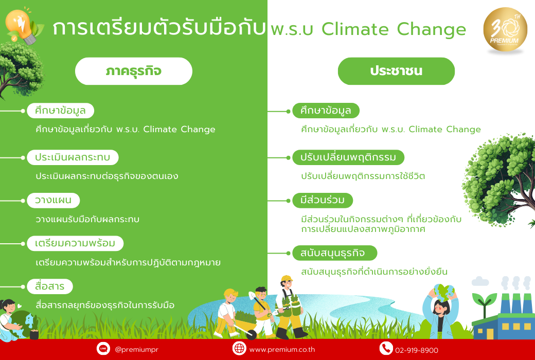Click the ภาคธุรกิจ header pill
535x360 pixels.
pyautogui.click(x=133, y=71)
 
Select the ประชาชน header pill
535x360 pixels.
pyautogui.click(x=396, y=71)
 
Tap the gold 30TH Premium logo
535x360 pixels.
pyautogui.click(x=505, y=30)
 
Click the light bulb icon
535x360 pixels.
pyautogui.click(x=21, y=26)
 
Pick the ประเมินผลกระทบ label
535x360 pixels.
pyautogui.click(x=73, y=157)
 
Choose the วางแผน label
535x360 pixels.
pyautogui.click(x=53, y=200)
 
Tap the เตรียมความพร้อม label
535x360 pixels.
pyautogui.click(x=75, y=243)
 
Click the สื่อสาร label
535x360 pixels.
pyautogui.click(x=50, y=286)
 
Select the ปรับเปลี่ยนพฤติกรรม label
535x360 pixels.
pyautogui.click(x=348, y=157)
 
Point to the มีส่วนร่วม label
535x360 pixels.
pyautogui.click(x=323, y=200)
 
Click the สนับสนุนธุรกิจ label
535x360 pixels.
pyautogui.click(x=335, y=253)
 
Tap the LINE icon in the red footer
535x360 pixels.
pyautogui.click(x=103, y=348)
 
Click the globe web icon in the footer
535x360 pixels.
pyautogui.click(x=239, y=348)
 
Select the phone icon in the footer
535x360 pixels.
pyautogui.click(x=386, y=348)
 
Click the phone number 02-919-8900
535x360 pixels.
pyautogui.click(x=417, y=350)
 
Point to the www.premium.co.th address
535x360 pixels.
pyautogui.click(x=282, y=350)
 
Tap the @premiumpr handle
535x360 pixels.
pyautogui.click(x=136, y=350)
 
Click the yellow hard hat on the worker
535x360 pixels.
pyautogui.click(x=286, y=279)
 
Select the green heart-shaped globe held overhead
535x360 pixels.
pyautogui.click(x=443, y=291)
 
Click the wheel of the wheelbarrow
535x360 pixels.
pyautogui.click(x=252, y=334)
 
